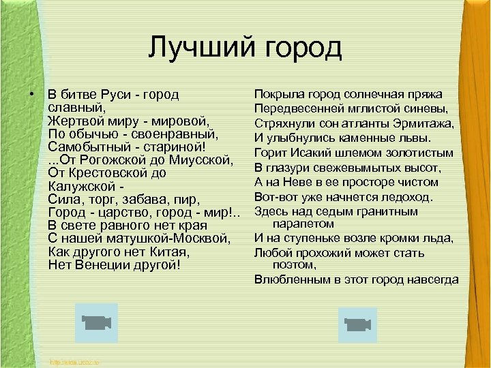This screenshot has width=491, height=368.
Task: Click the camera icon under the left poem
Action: [96, 323]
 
